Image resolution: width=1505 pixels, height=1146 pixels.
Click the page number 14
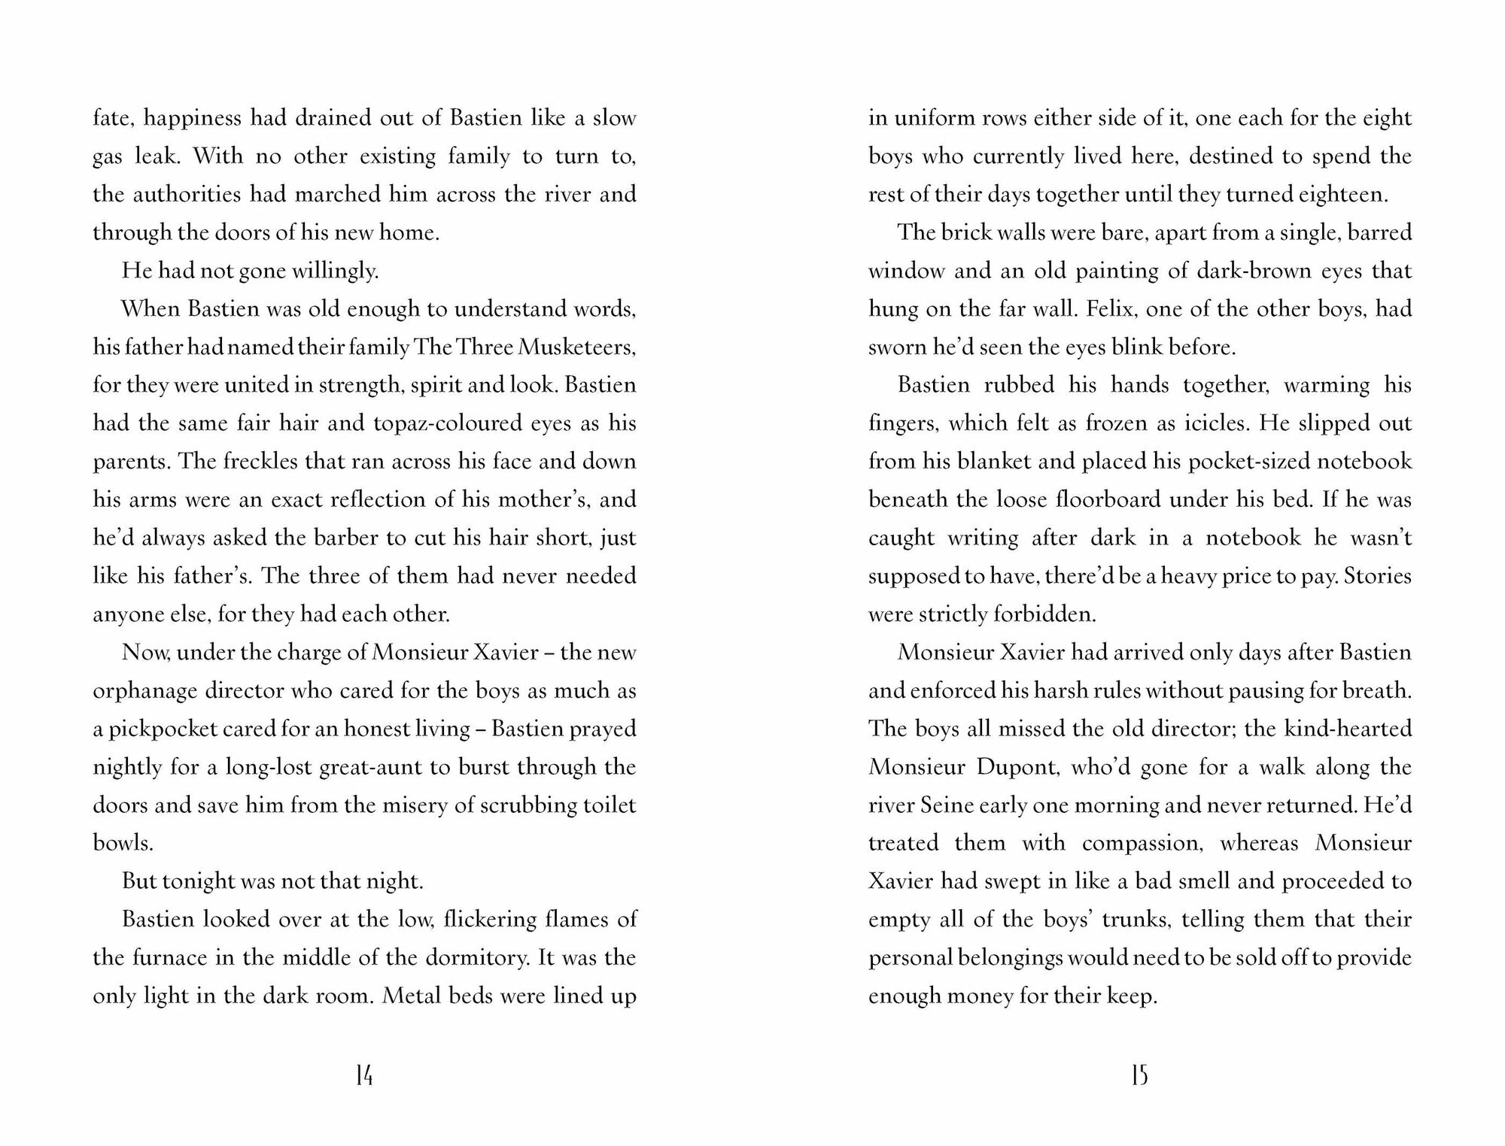pyautogui.click(x=364, y=1076)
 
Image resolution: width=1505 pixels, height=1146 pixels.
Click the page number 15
pyautogui.click(x=1139, y=1076)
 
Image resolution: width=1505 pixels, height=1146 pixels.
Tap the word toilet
pyautogui.click(x=610, y=805)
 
